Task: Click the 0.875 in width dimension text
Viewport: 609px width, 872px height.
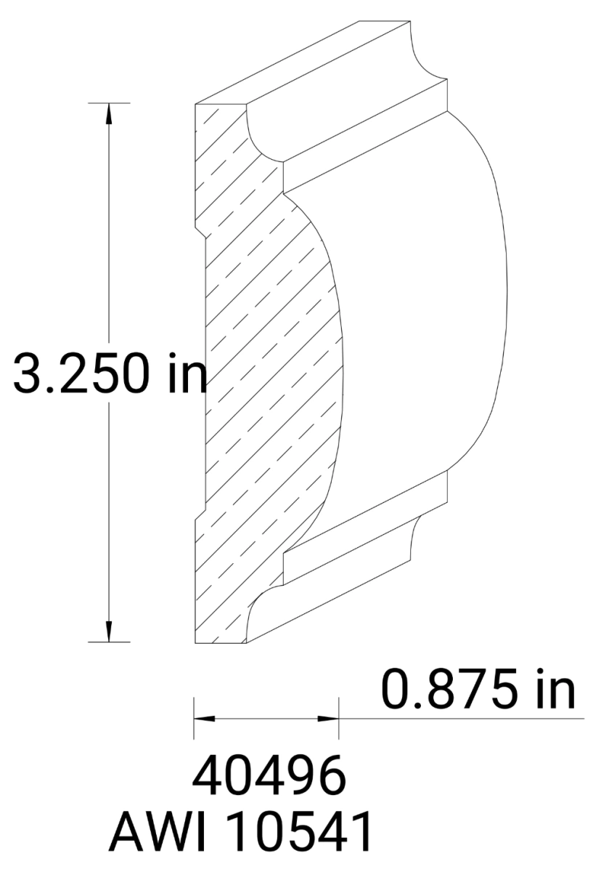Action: click(x=478, y=691)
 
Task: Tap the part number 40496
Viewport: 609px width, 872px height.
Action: click(x=268, y=778)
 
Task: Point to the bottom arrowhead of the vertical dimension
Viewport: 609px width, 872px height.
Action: click(x=109, y=631)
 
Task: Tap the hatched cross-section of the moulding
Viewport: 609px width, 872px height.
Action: click(x=261, y=363)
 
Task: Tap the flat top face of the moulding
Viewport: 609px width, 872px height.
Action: click(x=305, y=65)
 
